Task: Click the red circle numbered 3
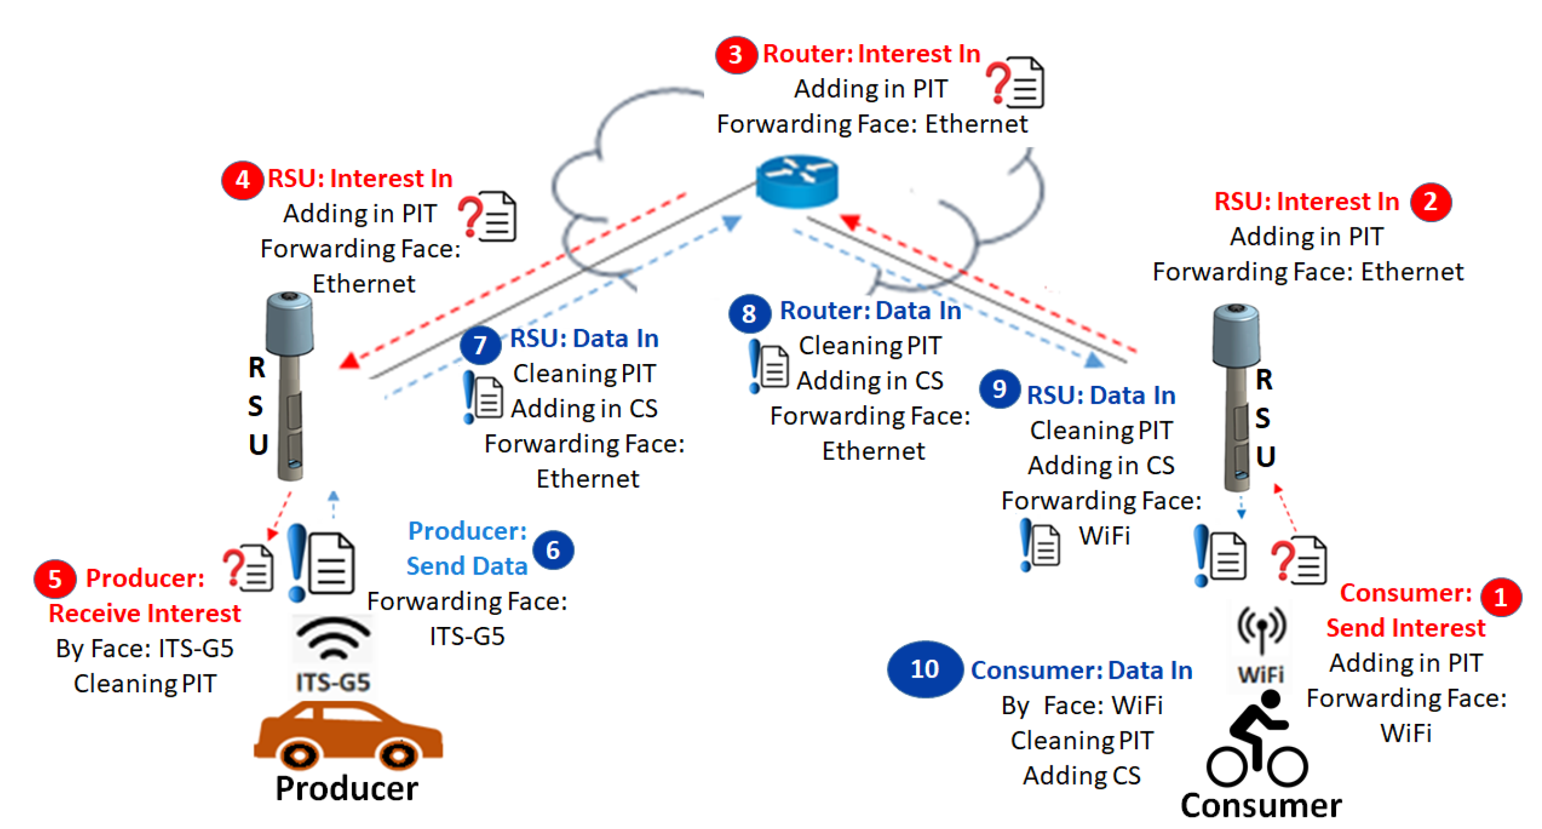pyautogui.click(x=735, y=55)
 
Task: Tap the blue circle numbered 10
pyautogui.click(x=924, y=669)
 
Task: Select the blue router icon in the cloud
pyautogui.click(x=797, y=180)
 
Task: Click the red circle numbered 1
pyautogui.click(x=1500, y=597)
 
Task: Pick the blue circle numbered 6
pyautogui.click(x=552, y=550)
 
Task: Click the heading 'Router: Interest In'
pyautogui.click(x=871, y=54)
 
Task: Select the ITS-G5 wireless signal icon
pyautogui.click(x=333, y=639)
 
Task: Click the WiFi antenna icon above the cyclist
pyautogui.click(x=1261, y=629)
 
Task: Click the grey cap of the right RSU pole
pyautogui.click(x=1236, y=334)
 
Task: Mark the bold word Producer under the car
pyautogui.click(x=346, y=788)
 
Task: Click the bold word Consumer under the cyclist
pyautogui.click(x=1261, y=805)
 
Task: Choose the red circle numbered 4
pyautogui.click(x=242, y=180)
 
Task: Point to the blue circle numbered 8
pyautogui.click(x=749, y=313)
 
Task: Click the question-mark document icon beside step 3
pyautogui.click(x=1015, y=83)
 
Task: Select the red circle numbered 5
pyautogui.click(x=54, y=579)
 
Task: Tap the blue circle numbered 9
pyautogui.click(x=999, y=389)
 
